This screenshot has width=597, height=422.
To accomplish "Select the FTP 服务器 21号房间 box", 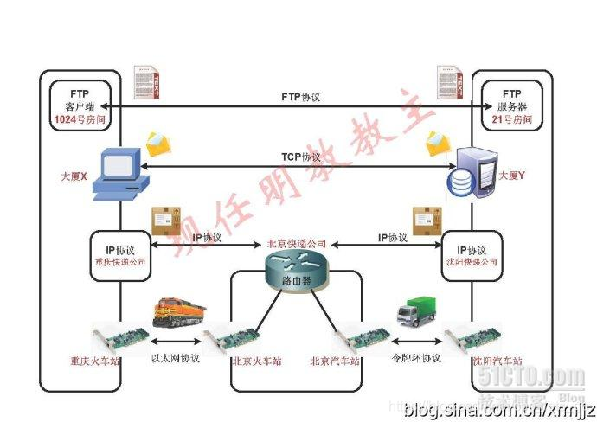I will tap(511, 106).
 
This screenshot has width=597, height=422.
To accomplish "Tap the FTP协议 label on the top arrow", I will tap(301, 97).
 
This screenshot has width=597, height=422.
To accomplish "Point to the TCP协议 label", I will tap(301, 157).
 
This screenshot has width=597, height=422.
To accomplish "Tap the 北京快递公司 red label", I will tap(297, 243).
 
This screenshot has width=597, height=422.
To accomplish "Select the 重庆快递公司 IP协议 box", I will tap(121, 255).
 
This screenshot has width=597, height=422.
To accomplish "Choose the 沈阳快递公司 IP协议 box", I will tap(472, 255).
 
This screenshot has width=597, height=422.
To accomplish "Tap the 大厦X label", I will tap(74, 176).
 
